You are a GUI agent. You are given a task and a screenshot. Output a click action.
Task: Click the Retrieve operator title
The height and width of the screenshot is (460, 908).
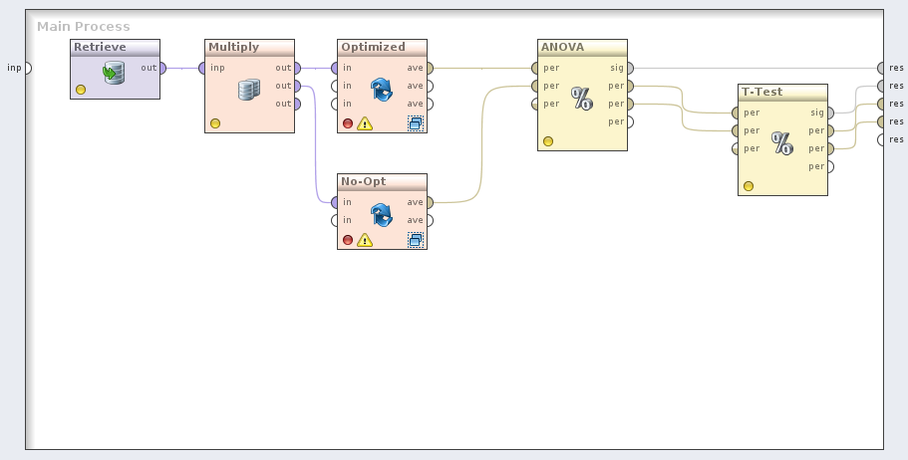[100, 47]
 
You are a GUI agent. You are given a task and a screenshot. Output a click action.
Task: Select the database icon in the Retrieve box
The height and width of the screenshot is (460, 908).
[114, 72]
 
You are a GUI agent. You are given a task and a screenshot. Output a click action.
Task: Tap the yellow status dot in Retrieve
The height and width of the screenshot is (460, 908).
[81, 90]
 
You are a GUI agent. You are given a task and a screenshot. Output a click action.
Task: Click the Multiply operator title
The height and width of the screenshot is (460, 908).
[233, 47]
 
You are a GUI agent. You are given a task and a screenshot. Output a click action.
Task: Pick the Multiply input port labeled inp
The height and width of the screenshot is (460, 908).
[202, 68]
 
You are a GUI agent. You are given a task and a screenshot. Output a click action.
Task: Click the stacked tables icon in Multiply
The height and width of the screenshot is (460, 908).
[248, 91]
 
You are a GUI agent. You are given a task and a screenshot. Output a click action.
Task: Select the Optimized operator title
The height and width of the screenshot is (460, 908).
[373, 47]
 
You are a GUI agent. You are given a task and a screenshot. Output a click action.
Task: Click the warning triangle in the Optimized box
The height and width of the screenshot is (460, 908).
[365, 124]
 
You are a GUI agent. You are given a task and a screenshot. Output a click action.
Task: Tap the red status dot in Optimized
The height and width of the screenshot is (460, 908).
[348, 124]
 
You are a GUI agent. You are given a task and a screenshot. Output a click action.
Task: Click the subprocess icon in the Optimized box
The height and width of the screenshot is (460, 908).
[416, 123]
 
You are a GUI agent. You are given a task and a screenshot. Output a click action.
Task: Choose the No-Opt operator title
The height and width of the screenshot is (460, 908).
[363, 181]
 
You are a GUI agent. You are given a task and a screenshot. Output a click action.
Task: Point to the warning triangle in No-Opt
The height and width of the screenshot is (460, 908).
[365, 240]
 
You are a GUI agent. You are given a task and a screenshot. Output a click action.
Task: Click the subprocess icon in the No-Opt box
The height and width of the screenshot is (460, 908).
[416, 239]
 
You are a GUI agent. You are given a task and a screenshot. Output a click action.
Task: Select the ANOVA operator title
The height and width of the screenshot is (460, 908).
[562, 47]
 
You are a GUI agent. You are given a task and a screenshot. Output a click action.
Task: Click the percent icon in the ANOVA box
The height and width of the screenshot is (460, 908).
[582, 99]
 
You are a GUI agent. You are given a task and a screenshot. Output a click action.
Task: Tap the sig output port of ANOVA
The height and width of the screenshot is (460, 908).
[631, 68]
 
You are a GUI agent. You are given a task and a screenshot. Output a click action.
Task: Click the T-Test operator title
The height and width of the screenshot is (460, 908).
[761, 92]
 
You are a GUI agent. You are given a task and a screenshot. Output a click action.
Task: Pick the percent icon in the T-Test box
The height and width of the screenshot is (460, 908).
[782, 143]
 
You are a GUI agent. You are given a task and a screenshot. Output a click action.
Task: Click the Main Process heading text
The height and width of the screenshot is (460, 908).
[84, 26]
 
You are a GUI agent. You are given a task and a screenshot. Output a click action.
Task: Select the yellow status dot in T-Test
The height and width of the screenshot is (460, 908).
[749, 186]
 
